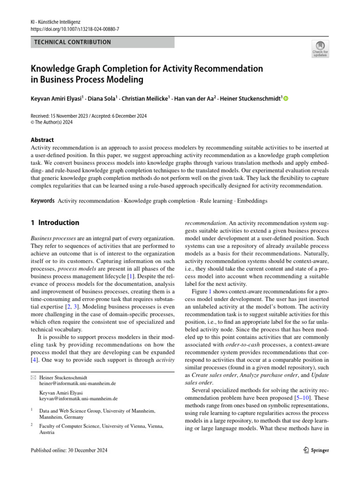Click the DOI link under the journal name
click(75, 29)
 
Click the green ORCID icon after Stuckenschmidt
click(286, 98)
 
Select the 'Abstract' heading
click(42, 140)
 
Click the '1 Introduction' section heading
click(54, 223)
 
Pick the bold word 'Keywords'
click(43, 201)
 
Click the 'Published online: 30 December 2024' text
click(69, 450)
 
